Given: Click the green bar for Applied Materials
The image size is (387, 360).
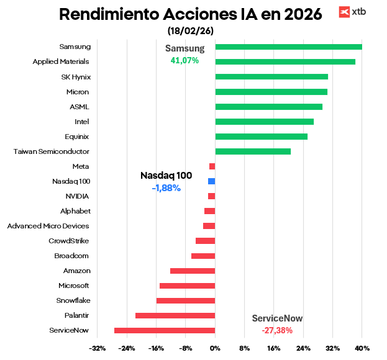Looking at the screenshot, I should pos(285,61).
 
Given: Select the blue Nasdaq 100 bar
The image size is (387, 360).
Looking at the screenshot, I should pos(211,181).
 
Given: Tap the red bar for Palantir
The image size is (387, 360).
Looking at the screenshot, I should pos(175,315).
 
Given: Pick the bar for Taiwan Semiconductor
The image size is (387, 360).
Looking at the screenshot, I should pos(253,151).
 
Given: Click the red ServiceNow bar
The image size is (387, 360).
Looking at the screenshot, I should pos(165,330).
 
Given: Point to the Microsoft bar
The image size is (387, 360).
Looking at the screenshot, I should pos(187,286).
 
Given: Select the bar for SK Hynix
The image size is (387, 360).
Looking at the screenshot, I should pos(271,76).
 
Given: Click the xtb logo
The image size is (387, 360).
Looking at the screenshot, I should pos(352,12).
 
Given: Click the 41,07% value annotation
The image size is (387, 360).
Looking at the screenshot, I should pos(184,61).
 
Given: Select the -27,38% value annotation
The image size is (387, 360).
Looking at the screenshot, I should pos(277,330).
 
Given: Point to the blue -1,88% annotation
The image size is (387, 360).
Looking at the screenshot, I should pos(166,188).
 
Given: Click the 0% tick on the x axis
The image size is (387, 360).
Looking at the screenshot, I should pos(215,348).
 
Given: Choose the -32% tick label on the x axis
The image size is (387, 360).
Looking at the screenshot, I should pos(97,348).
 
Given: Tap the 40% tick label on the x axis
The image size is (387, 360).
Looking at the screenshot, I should pos(362,348).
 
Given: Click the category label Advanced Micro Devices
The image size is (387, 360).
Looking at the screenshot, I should pos(48,226).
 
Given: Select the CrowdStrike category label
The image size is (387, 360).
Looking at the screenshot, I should pos(68,241).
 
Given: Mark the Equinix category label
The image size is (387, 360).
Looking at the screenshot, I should pos(77,137).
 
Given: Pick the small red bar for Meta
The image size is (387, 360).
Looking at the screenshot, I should pos(212,166).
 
